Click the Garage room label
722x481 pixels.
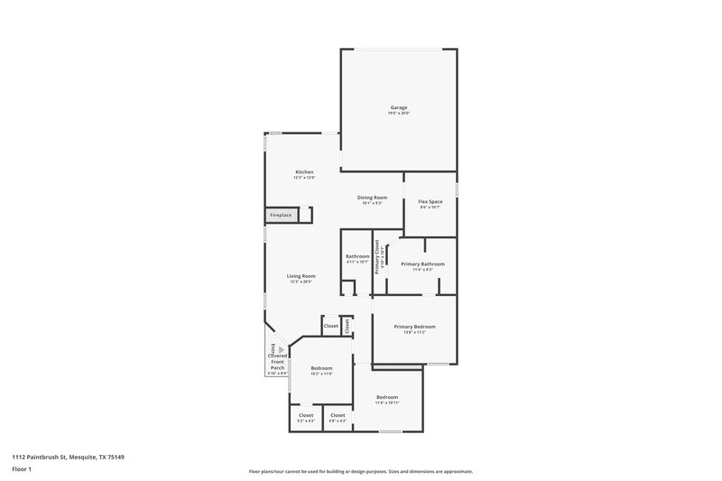point(398,107)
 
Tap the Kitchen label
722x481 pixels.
point(304,172)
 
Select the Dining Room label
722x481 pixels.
point(372,198)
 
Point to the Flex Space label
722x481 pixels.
point(429,201)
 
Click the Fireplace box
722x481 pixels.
point(281,215)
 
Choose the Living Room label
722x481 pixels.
point(302,276)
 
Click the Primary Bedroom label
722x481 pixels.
point(414,327)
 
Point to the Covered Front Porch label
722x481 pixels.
point(277,362)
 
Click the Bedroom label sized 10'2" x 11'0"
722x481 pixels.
point(322,368)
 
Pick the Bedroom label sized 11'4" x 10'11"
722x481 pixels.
point(386,397)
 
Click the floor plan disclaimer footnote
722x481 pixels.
point(360,471)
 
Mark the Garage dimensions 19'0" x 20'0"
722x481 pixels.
point(398,113)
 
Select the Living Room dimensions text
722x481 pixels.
point(302,282)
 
